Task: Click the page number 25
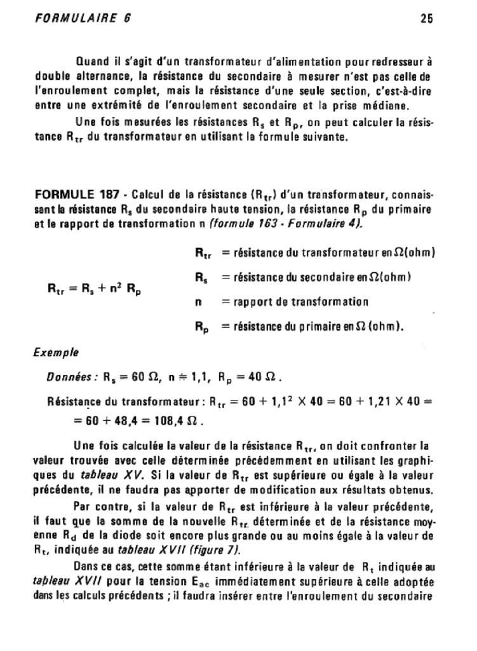tap(427, 18)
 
